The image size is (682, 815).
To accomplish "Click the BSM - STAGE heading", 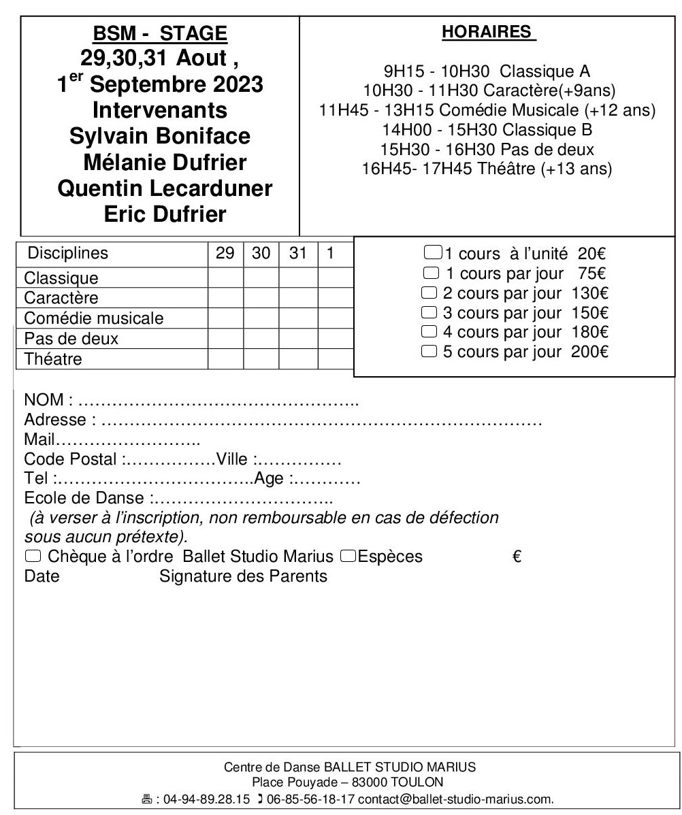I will click(x=161, y=32).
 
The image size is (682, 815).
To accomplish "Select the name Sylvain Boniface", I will click(x=161, y=135).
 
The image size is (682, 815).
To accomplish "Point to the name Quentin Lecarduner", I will click(x=161, y=189).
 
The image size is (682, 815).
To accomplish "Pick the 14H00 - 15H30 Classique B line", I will click(x=487, y=129).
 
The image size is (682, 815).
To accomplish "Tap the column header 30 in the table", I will click(x=261, y=253).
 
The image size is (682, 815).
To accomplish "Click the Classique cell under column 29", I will click(x=225, y=278).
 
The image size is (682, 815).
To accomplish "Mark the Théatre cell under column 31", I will click(x=299, y=359).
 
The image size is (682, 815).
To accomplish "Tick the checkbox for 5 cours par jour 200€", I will click(x=429, y=352).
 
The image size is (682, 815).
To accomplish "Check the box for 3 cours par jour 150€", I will click(x=429, y=313).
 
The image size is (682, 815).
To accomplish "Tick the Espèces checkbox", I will click(x=348, y=556).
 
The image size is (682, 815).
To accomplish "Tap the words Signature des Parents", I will click(x=243, y=577).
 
